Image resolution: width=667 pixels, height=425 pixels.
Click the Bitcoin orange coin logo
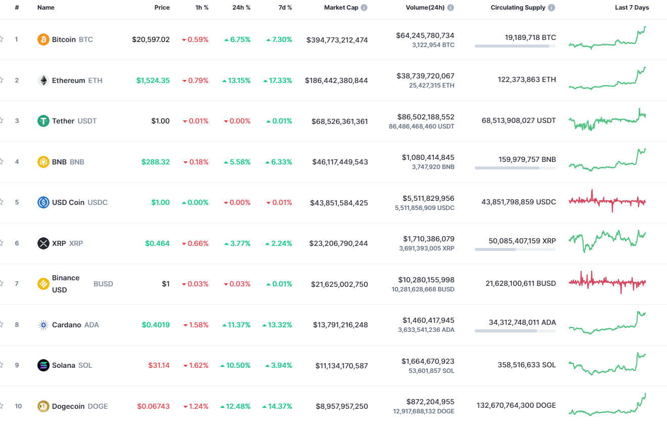coord(43,39)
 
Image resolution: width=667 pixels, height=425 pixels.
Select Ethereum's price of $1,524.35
coord(153,80)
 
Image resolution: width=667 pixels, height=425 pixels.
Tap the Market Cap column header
coord(341,8)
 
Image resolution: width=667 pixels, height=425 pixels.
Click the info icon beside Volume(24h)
coord(451,8)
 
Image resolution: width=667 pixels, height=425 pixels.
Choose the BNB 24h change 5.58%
coord(237,162)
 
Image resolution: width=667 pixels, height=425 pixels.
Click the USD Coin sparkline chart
coord(607,201)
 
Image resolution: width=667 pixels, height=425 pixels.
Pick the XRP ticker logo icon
coord(43,243)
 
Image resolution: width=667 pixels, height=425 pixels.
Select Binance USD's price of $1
coord(165,284)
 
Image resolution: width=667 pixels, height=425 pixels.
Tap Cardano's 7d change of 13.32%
coord(277,325)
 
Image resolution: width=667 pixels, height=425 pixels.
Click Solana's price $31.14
coord(159,365)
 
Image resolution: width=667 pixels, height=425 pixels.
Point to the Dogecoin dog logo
coord(43,406)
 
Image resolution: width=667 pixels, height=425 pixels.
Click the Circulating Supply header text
coord(518,8)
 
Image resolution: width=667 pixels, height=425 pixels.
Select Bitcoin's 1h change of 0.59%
coord(195,39)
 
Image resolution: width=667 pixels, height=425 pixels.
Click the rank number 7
coord(17,284)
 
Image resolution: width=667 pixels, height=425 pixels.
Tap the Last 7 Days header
coord(632,8)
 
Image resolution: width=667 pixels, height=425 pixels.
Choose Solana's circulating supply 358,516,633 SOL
coord(519,365)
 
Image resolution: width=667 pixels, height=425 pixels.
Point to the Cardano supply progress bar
coord(515,331)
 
